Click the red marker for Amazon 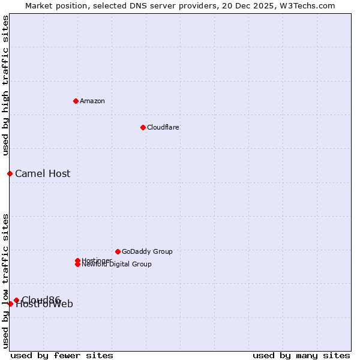point(76,101)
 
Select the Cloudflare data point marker point(143,127)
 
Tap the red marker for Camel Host point(10,173)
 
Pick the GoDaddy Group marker point(118,251)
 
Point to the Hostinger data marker point(77,260)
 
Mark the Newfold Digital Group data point point(77,264)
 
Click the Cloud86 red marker point(16,300)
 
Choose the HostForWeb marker point(10,304)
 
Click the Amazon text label point(92,101)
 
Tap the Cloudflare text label point(163,127)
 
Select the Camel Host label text point(43,173)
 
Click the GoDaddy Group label point(147,251)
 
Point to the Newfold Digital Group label point(117,265)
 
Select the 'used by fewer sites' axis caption point(62,355)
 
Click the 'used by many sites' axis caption point(301,355)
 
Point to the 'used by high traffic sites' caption point(6,85)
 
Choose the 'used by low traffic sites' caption point(6,280)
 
